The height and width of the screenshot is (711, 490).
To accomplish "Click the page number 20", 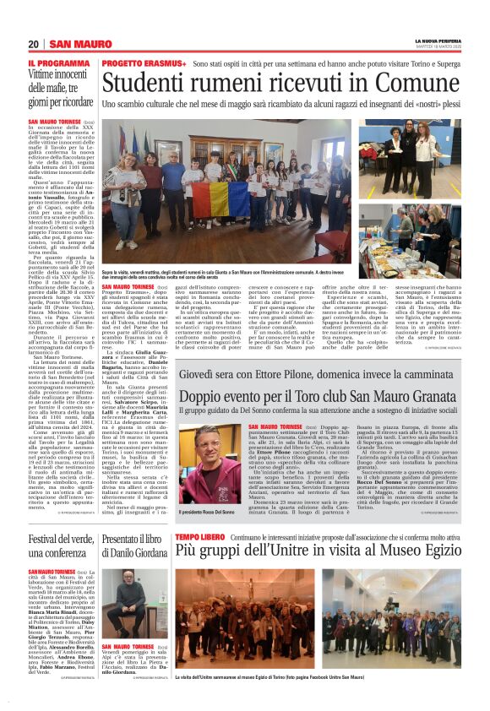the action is point(32,44).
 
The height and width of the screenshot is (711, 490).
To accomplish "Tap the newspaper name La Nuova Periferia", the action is point(437,41).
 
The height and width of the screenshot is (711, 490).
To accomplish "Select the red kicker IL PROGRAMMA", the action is point(56,63).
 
